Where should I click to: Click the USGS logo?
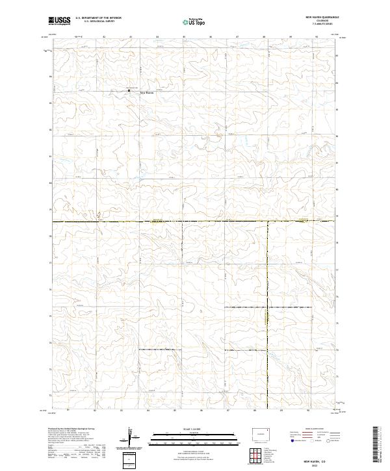coord(59,21)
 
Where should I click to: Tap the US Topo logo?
coord(188,21)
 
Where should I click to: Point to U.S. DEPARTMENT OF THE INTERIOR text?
coord(98,18)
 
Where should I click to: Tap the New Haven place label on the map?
coord(147,92)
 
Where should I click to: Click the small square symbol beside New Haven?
coord(129,90)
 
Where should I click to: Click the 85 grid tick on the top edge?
coord(185,38)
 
